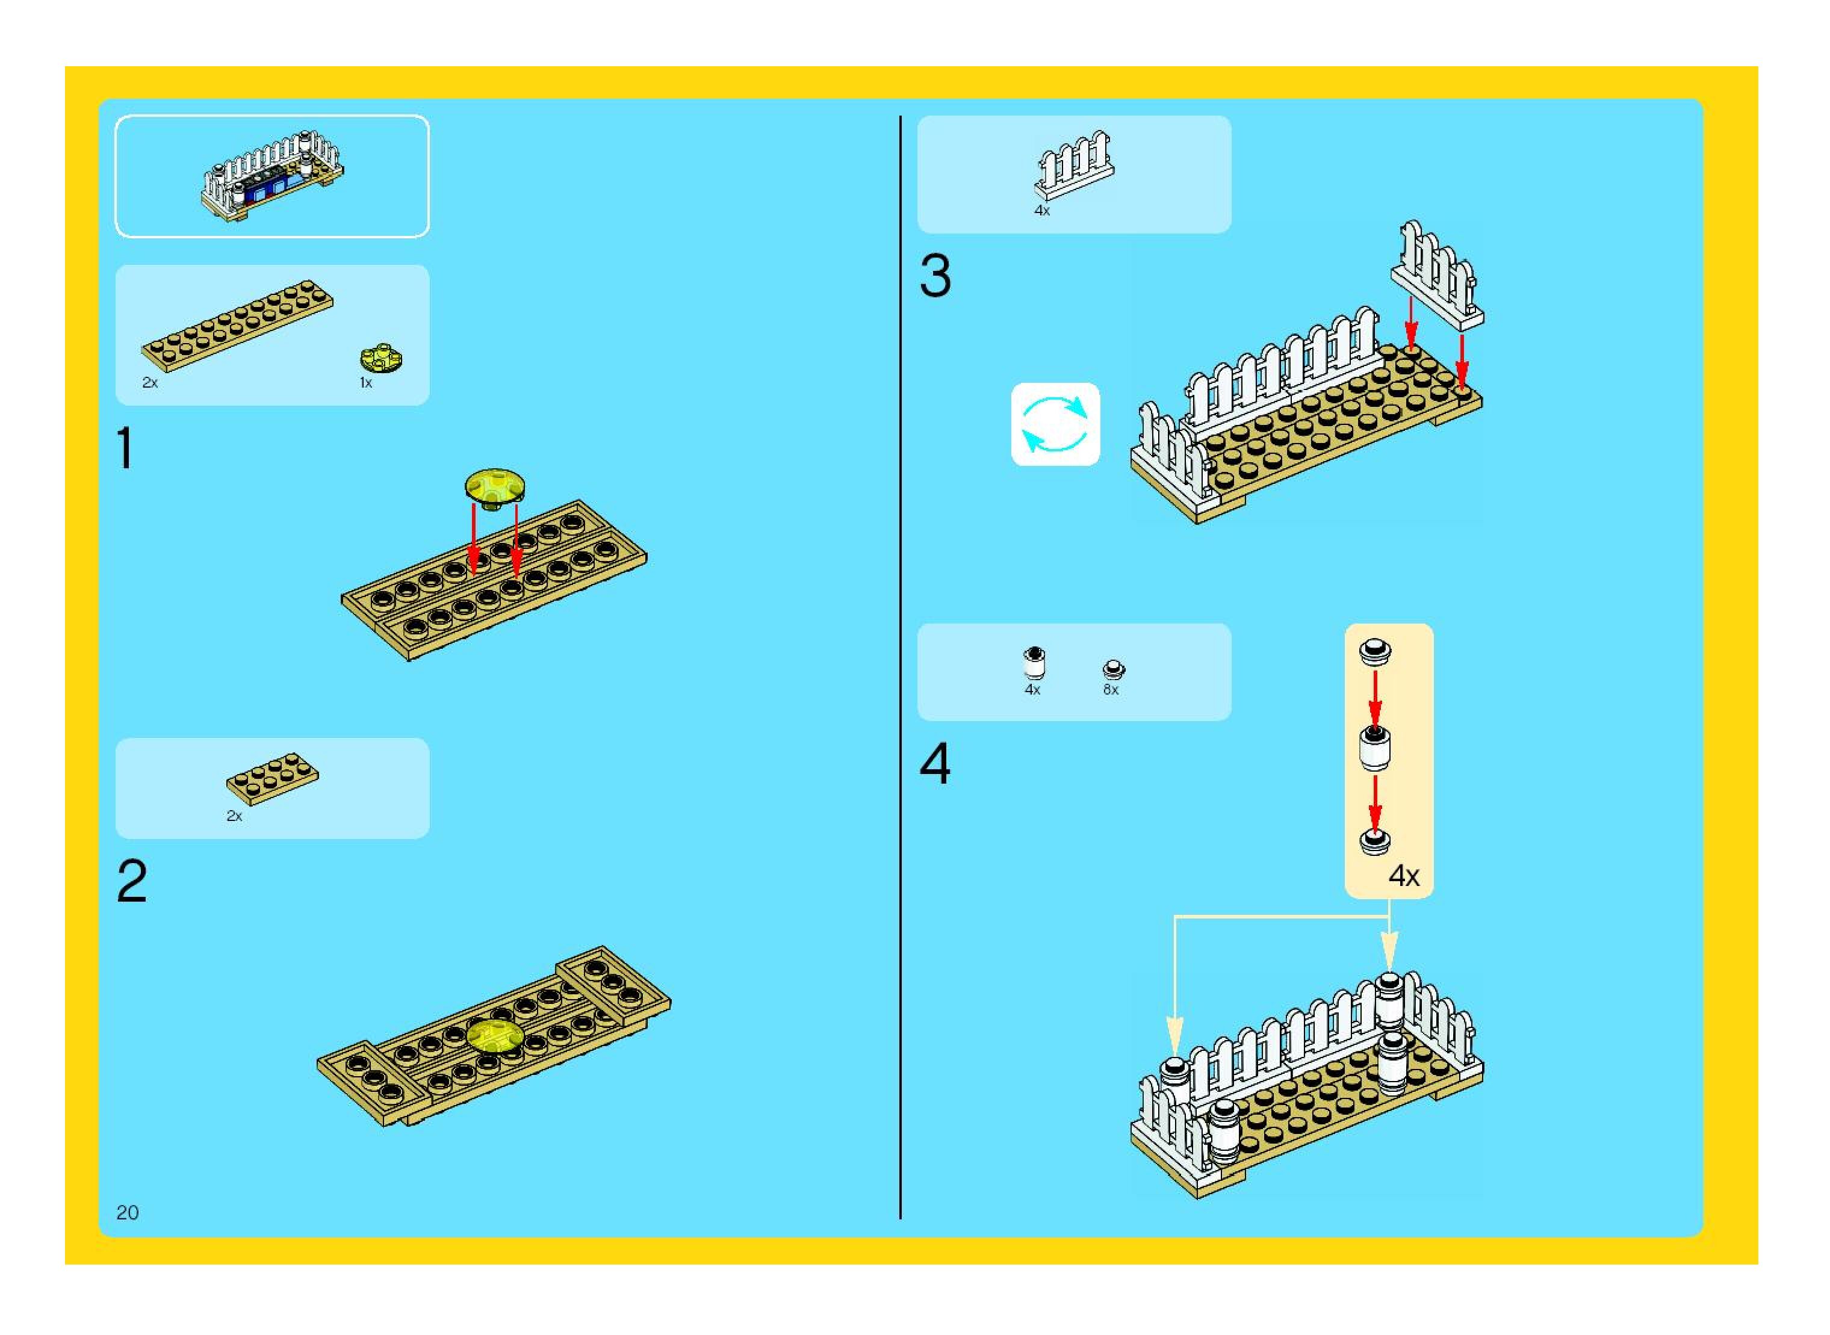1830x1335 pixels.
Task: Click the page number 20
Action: (x=128, y=1212)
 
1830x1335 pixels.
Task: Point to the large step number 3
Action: (x=935, y=276)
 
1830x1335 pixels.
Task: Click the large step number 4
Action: (x=935, y=764)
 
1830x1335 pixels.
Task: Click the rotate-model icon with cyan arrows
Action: (x=1055, y=424)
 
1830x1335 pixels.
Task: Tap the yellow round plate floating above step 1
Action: (x=495, y=488)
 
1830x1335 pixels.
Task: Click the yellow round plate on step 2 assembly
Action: (x=494, y=1036)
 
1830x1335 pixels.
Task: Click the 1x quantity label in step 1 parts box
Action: (x=365, y=383)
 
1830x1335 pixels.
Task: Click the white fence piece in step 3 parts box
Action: (x=1075, y=165)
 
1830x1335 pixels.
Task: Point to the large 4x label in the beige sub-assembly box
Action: (x=1404, y=876)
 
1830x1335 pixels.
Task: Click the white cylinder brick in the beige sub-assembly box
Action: (x=1374, y=749)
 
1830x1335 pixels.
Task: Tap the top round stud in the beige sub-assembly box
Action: (x=1374, y=651)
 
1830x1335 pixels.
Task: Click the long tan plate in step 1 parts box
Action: (x=237, y=326)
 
